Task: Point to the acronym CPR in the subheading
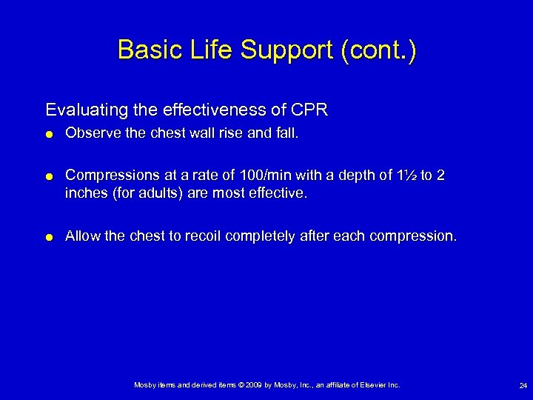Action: click(x=310, y=110)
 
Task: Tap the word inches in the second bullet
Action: click(x=85, y=193)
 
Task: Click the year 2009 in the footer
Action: click(x=249, y=385)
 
